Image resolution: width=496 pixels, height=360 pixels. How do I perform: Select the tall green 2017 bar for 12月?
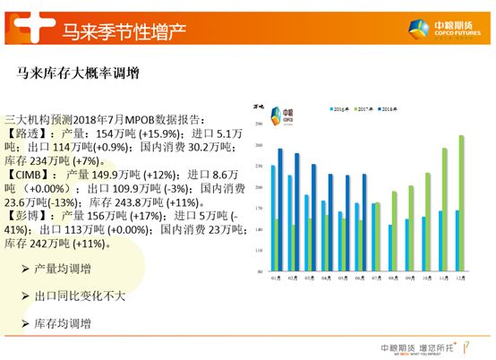pyautogui.click(x=462, y=203)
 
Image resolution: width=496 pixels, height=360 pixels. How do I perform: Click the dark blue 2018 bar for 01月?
pyautogui.click(x=280, y=210)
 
